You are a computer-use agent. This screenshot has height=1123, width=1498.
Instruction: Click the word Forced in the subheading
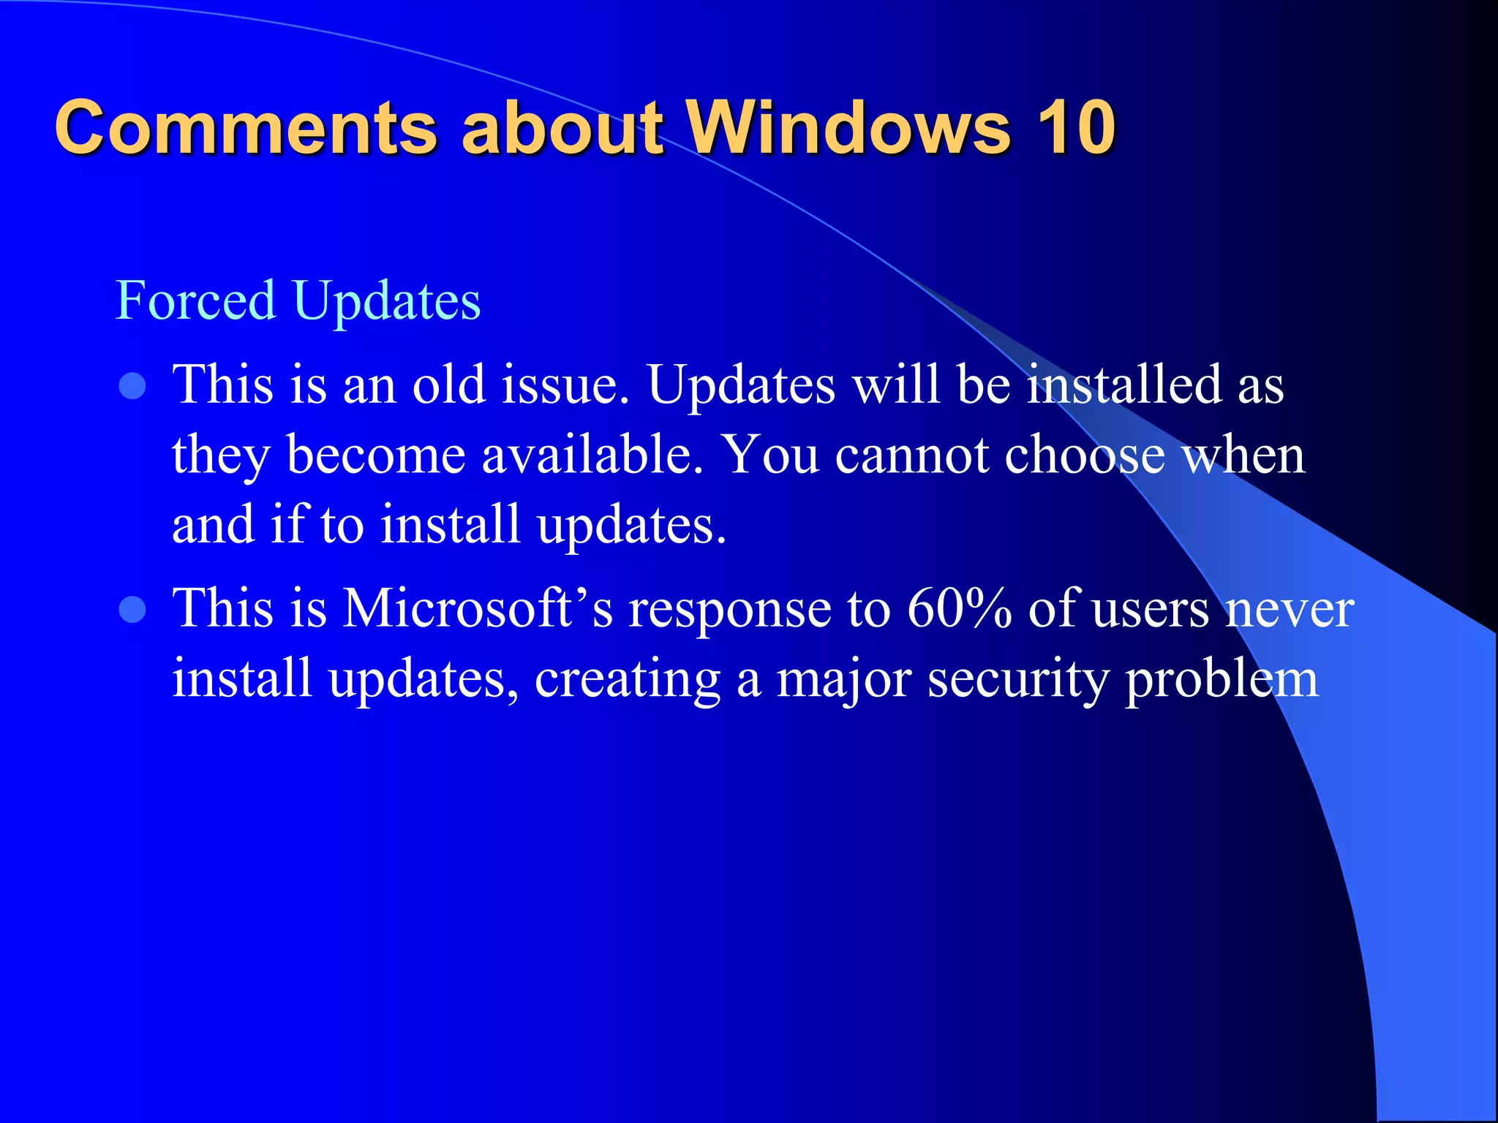(195, 300)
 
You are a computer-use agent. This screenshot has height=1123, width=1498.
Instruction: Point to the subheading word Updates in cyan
(387, 302)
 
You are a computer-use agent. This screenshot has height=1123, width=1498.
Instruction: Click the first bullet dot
(132, 386)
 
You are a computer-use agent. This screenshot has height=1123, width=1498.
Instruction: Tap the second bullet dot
(132, 609)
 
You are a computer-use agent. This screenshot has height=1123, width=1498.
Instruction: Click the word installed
(1124, 385)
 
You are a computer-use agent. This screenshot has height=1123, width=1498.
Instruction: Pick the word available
(592, 455)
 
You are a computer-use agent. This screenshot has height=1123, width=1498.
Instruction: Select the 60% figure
(959, 608)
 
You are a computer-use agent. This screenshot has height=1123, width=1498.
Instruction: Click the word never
(1290, 609)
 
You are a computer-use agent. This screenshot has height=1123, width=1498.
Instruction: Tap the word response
(730, 609)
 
